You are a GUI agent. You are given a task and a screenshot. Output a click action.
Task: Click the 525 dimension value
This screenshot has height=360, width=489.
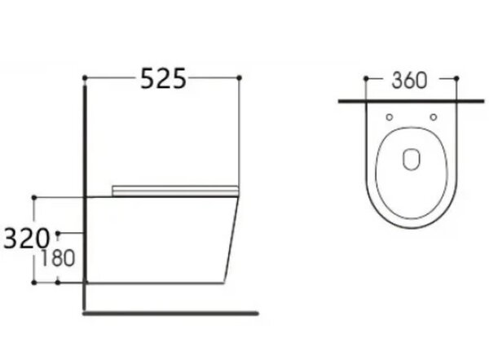[x=164, y=78]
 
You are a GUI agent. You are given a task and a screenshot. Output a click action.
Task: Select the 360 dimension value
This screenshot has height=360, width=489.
[x=409, y=81]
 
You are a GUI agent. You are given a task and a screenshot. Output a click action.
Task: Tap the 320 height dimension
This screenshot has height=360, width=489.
[x=26, y=239]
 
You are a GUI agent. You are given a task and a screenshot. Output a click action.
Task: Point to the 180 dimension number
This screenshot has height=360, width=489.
[x=58, y=258]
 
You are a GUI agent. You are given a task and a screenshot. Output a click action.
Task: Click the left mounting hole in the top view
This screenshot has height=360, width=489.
[x=390, y=117]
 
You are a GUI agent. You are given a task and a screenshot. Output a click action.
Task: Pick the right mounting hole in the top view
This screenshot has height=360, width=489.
[x=434, y=117]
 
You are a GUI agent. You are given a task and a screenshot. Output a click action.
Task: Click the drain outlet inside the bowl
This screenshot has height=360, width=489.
[x=412, y=160]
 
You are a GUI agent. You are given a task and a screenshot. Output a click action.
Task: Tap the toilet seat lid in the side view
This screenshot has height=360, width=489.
[x=175, y=191]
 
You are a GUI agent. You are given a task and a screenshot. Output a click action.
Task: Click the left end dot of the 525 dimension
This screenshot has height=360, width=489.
[x=85, y=77]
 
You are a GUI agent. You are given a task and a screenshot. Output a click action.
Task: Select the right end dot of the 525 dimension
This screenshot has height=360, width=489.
[x=240, y=77]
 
